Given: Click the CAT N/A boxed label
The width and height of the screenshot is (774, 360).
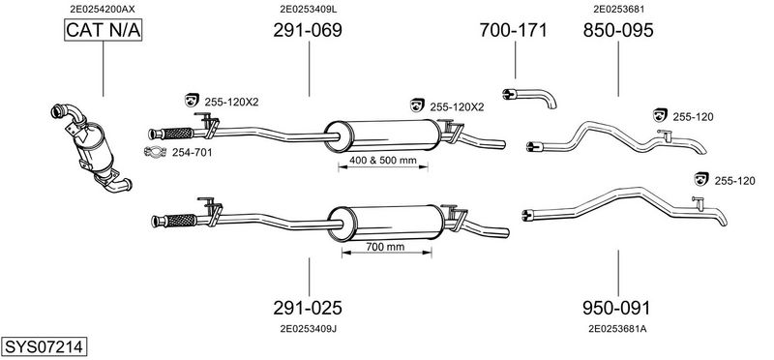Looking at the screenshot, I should pos(103,32).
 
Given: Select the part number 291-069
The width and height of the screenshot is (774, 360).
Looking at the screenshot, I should pos(308,31).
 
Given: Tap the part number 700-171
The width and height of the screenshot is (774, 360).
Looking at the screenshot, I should pos(514,31).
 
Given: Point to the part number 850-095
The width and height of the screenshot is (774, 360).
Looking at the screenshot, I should pos(618,31).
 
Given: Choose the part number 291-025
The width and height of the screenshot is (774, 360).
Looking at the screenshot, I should pos(308,309).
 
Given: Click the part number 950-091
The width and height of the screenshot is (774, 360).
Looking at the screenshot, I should pos(617,309).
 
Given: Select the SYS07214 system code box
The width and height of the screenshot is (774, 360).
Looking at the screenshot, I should pos(43,346).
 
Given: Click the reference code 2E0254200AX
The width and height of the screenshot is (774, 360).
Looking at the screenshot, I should pos(103,8).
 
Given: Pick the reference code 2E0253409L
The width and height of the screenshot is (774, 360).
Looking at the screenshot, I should pos(308,8).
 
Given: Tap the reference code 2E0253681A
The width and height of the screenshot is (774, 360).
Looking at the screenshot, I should pos(617,329).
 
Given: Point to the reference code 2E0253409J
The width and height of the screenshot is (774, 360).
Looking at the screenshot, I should pos(308,329).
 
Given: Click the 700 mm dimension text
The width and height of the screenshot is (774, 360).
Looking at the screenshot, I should pos(386,248).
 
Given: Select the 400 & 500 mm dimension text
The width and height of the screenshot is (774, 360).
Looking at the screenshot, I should pos(382,160).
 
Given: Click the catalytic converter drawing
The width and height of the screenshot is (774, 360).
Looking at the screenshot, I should pos(93,141).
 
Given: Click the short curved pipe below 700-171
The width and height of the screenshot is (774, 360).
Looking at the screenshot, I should pos(529,96).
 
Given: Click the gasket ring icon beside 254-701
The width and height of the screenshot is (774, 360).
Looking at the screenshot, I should pos(154,152).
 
